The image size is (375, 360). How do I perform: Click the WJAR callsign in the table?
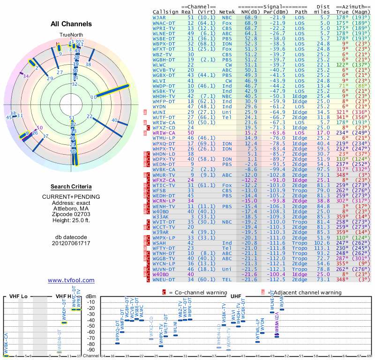tap(159, 17)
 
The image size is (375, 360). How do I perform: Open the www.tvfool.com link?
tap(71, 280)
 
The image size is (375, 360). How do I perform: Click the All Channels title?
tap(71, 24)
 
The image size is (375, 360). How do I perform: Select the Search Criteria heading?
tap(71, 187)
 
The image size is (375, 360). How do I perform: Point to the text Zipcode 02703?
tap(71, 214)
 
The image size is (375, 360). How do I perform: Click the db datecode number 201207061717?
tap(71, 244)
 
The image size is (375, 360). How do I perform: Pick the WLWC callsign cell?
tap(159, 65)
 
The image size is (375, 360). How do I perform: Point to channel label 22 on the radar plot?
tap(89, 117)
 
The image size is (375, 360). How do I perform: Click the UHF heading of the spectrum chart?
tap(235, 296)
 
